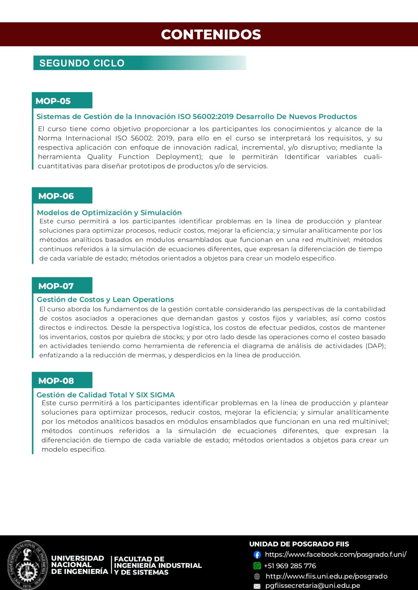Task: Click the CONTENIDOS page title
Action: [x=211, y=34]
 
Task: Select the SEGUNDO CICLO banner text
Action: [x=82, y=63]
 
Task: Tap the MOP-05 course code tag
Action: [x=53, y=101]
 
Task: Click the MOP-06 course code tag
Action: [x=56, y=196]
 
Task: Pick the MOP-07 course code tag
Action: [x=56, y=286]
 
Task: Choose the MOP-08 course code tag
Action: [x=56, y=381]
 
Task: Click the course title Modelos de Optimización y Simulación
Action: [x=109, y=213]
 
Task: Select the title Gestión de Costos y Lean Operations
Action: [x=105, y=299]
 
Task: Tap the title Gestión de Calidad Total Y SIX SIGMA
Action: [x=106, y=395]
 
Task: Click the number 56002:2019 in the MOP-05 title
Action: [x=213, y=116]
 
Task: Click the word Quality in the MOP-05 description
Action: [x=100, y=157]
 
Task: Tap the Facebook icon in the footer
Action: [x=257, y=555]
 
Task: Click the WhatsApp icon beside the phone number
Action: [x=257, y=566]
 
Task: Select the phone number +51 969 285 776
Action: [x=290, y=566]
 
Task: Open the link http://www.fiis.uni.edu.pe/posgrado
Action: [x=326, y=576]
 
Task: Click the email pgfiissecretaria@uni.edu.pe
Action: [x=313, y=586]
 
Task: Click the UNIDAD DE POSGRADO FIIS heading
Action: [x=299, y=544]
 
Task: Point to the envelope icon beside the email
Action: [x=257, y=586]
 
